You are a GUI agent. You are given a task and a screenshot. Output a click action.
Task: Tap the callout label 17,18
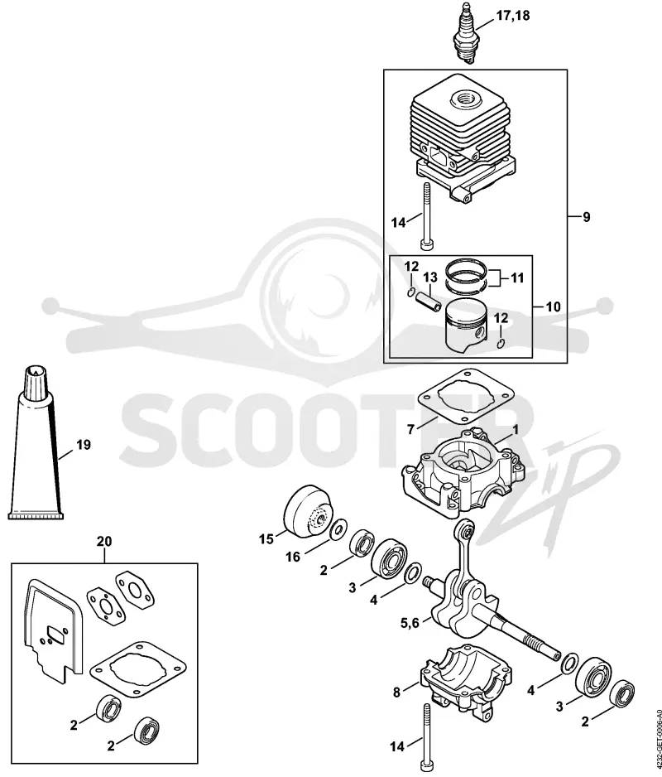[x=512, y=16]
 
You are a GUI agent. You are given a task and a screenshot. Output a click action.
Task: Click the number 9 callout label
[x=586, y=216]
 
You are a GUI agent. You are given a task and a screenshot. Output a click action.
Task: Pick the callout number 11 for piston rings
[x=517, y=277]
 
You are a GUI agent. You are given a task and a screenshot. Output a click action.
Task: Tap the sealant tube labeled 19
[x=36, y=442]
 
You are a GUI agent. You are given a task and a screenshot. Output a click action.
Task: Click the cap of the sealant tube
[x=35, y=379]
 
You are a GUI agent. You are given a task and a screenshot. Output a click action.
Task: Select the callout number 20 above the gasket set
[x=104, y=542]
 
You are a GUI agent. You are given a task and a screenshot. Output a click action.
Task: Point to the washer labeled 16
[x=338, y=528]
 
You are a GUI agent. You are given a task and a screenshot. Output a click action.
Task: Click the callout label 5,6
[x=410, y=622]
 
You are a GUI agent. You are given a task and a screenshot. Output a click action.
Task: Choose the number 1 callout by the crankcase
[x=515, y=430]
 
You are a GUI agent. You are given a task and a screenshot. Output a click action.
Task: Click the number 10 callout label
[x=553, y=306]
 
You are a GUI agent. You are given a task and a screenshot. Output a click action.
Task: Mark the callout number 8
[x=396, y=693]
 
